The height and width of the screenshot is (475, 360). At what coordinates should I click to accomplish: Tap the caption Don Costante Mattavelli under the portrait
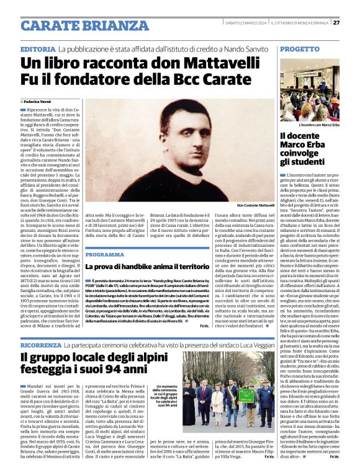[254, 205]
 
